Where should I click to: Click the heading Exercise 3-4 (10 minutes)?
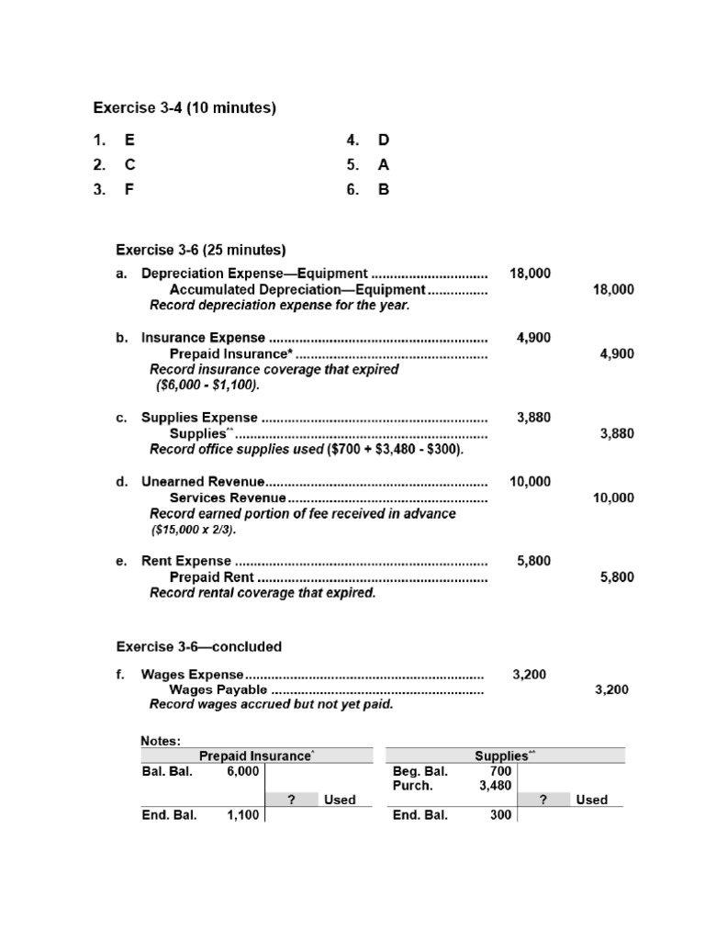pyautogui.click(x=185, y=108)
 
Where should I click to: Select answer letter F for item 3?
pyautogui.click(x=129, y=190)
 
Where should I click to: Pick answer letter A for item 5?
pyautogui.click(x=384, y=165)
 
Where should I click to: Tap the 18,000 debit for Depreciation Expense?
pyautogui.click(x=530, y=274)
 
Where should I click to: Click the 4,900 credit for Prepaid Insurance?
pyautogui.click(x=616, y=354)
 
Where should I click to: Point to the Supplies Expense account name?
pyautogui.click(x=199, y=418)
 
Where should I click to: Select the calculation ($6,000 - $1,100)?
pyautogui.click(x=201, y=386)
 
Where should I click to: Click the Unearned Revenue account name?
pyautogui.click(x=203, y=482)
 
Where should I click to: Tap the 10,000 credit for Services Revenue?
pyautogui.click(x=612, y=498)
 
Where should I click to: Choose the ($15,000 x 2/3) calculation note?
pyautogui.click(x=193, y=531)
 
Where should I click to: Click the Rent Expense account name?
pyautogui.click(x=186, y=562)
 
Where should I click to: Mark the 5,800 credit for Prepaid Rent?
pyautogui.click(x=616, y=577)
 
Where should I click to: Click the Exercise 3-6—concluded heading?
pyautogui.click(x=198, y=646)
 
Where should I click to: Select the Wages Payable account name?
pyautogui.click(x=218, y=690)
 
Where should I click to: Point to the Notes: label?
pyautogui.click(x=161, y=740)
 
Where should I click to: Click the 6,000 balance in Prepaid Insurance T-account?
pyautogui.click(x=242, y=772)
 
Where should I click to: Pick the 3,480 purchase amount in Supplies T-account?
pyautogui.click(x=495, y=786)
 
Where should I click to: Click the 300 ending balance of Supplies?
pyautogui.click(x=499, y=815)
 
